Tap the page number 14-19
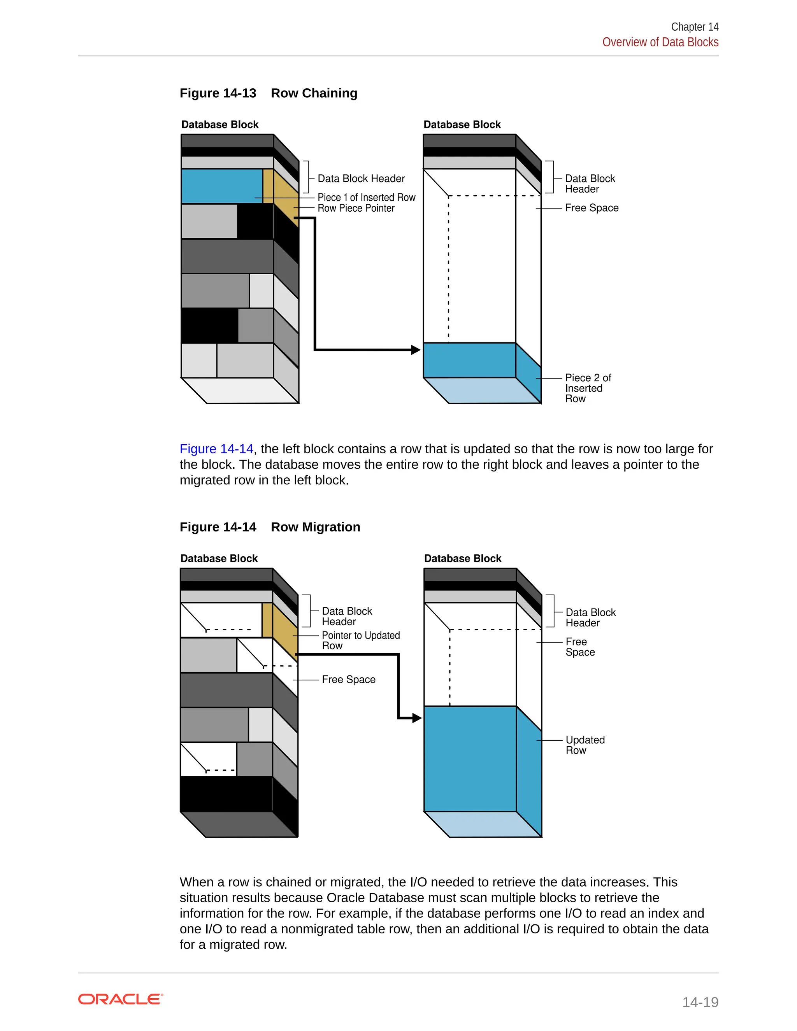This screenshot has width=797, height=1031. click(700, 1002)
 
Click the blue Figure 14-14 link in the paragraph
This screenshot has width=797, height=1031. click(216, 449)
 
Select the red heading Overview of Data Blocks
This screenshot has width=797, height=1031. click(660, 42)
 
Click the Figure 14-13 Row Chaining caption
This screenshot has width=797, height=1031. click(268, 93)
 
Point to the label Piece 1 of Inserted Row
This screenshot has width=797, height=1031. click(366, 197)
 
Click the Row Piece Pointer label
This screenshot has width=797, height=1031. click(356, 208)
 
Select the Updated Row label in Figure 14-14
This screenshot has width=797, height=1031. click(585, 745)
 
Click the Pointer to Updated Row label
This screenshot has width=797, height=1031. click(360, 640)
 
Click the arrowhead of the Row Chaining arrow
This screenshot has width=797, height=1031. click(416, 350)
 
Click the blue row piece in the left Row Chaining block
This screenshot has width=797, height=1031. click(221, 186)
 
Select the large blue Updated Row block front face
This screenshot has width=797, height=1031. click(470, 759)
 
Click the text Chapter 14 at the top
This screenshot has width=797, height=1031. click(694, 27)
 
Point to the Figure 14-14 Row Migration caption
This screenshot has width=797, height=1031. click(270, 527)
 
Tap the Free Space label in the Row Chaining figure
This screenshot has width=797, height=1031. click(591, 208)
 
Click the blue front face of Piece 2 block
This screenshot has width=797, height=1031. click(469, 360)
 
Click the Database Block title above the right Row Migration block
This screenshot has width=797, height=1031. click(462, 558)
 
